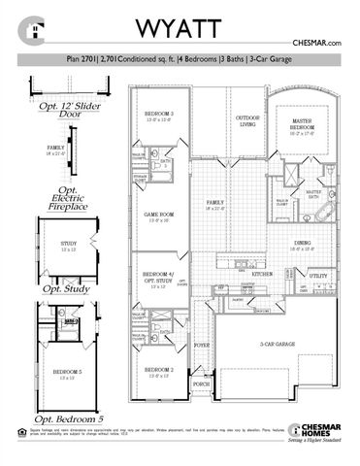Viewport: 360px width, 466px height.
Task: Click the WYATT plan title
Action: (181, 25)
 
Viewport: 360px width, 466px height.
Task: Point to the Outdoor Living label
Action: (247, 120)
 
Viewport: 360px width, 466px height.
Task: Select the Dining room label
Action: (303, 244)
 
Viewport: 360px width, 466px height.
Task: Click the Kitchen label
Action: (263, 275)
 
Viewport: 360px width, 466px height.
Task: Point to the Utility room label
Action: (317, 277)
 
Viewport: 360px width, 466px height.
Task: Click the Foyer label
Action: (203, 344)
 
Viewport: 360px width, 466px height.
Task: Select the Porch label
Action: (203, 384)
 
